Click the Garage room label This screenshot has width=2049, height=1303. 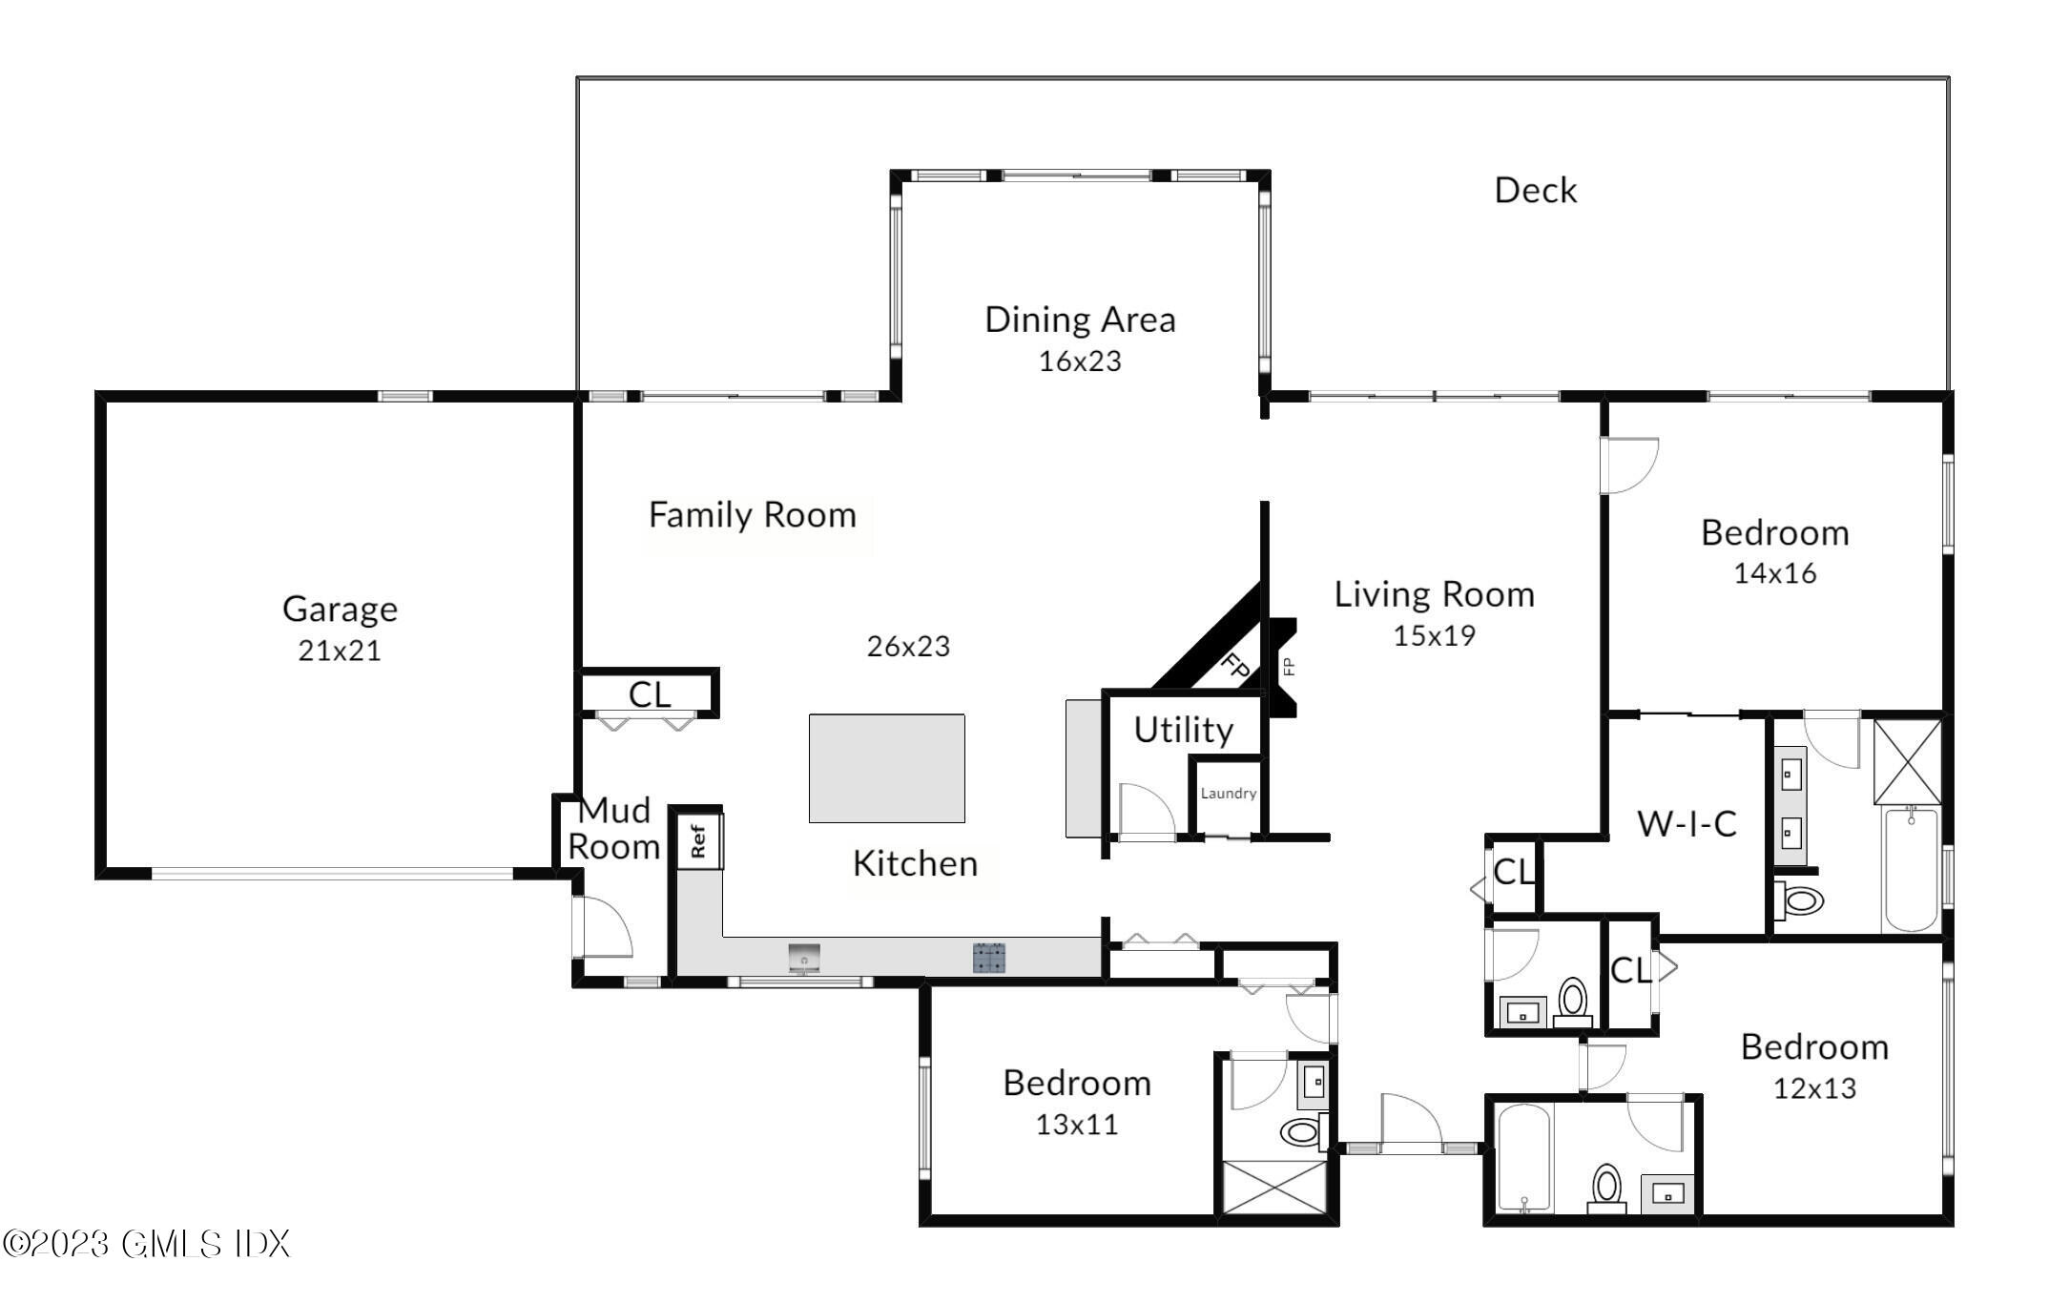click(x=340, y=609)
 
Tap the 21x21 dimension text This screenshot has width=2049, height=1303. click(x=340, y=651)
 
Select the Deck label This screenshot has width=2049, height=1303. click(x=1535, y=190)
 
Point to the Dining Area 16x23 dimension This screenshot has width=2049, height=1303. click(x=1080, y=362)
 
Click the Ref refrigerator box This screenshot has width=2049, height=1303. click(x=699, y=840)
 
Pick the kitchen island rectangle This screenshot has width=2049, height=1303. click(x=887, y=768)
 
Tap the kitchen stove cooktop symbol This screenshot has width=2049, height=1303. click(x=989, y=957)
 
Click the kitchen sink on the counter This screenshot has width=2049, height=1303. click(x=804, y=958)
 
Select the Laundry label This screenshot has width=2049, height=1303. click(x=1229, y=793)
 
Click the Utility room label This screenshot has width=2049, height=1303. click(x=1184, y=730)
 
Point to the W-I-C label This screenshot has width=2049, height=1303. click(x=1687, y=823)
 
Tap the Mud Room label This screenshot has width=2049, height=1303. click(x=614, y=828)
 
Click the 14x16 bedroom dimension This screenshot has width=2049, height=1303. click(x=1775, y=573)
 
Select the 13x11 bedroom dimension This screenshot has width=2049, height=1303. click(x=1077, y=1125)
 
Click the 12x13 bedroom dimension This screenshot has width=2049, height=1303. click(x=1814, y=1088)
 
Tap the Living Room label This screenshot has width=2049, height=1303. click(x=1434, y=594)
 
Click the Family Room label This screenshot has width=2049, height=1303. click(x=753, y=515)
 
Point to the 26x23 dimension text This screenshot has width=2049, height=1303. click(x=908, y=647)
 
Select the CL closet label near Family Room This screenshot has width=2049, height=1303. click(x=650, y=694)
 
